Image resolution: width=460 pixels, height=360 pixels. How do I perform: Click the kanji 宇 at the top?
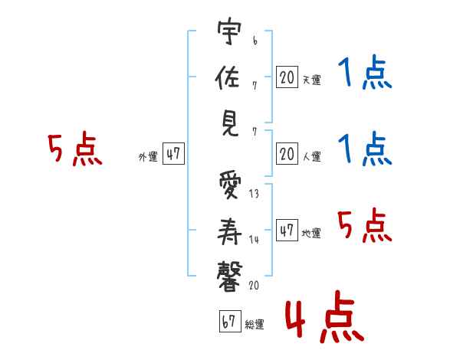coord(229,31)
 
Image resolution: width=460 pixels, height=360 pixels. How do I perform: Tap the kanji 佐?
coord(228,77)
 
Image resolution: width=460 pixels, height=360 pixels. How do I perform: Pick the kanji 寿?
coord(229,231)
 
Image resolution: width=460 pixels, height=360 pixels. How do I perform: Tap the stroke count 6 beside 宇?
coord(255,41)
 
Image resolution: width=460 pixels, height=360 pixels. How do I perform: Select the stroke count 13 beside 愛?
coord(254,194)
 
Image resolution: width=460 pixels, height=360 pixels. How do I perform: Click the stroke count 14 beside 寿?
coord(254,240)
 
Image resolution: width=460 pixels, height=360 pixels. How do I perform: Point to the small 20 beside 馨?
coord(254,285)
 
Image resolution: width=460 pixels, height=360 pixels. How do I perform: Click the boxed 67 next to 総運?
coord(230,321)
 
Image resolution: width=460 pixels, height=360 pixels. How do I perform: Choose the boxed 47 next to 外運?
coord(173,153)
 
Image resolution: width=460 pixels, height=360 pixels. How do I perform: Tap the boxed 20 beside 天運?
coord(287,77)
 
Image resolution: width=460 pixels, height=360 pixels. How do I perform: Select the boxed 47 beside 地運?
coord(287,230)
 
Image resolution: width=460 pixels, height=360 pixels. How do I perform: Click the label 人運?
coord(312,156)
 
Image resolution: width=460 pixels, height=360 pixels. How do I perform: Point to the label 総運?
coord(255,325)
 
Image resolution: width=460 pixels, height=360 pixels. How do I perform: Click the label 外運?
coord(148,157)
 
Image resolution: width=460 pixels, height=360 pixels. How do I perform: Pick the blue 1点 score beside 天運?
coord(365,72)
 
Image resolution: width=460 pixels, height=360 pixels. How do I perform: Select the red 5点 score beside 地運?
coord(365,225)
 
